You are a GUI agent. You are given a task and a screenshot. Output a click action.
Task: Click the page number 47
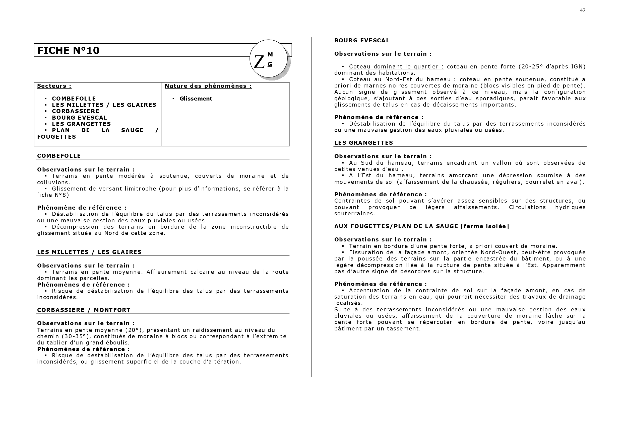click(x=582, y=10)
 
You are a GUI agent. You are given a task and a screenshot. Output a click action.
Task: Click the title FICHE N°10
click(x=68, y=51)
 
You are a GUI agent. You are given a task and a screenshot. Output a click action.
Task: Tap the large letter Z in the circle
click(x=259, y=62)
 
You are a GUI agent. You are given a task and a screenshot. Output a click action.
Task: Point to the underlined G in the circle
click(x=270, y=64)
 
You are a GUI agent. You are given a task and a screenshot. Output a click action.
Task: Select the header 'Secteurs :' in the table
click(x=54, y=86)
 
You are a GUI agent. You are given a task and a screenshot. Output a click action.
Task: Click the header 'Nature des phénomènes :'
click(x=208, y=86)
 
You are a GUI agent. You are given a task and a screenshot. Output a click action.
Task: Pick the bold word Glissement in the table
click(x=196, y=99)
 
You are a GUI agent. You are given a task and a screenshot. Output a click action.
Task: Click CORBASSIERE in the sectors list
click(x=76, y=111)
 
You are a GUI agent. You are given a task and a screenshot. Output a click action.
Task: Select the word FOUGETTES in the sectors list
click(x=57, y=137)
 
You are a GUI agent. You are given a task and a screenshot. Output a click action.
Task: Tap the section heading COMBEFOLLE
click(x=59, y=156)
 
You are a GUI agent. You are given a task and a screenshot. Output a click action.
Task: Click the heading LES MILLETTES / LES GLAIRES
click(x=89, y=252)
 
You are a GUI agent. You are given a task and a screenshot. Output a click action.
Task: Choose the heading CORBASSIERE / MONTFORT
click(x=84, y=310)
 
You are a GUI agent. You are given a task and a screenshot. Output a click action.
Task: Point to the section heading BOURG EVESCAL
click(x=362, y=41)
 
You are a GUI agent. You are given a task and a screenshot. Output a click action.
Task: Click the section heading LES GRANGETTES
click(x=364, y=143)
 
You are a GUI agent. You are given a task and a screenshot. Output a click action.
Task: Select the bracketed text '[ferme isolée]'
click(x=485, y=226)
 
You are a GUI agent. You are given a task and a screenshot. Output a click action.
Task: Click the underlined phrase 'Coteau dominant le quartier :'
click(x=396, y=67)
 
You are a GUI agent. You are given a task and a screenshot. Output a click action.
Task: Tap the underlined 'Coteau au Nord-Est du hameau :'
click(x=403, y=79)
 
